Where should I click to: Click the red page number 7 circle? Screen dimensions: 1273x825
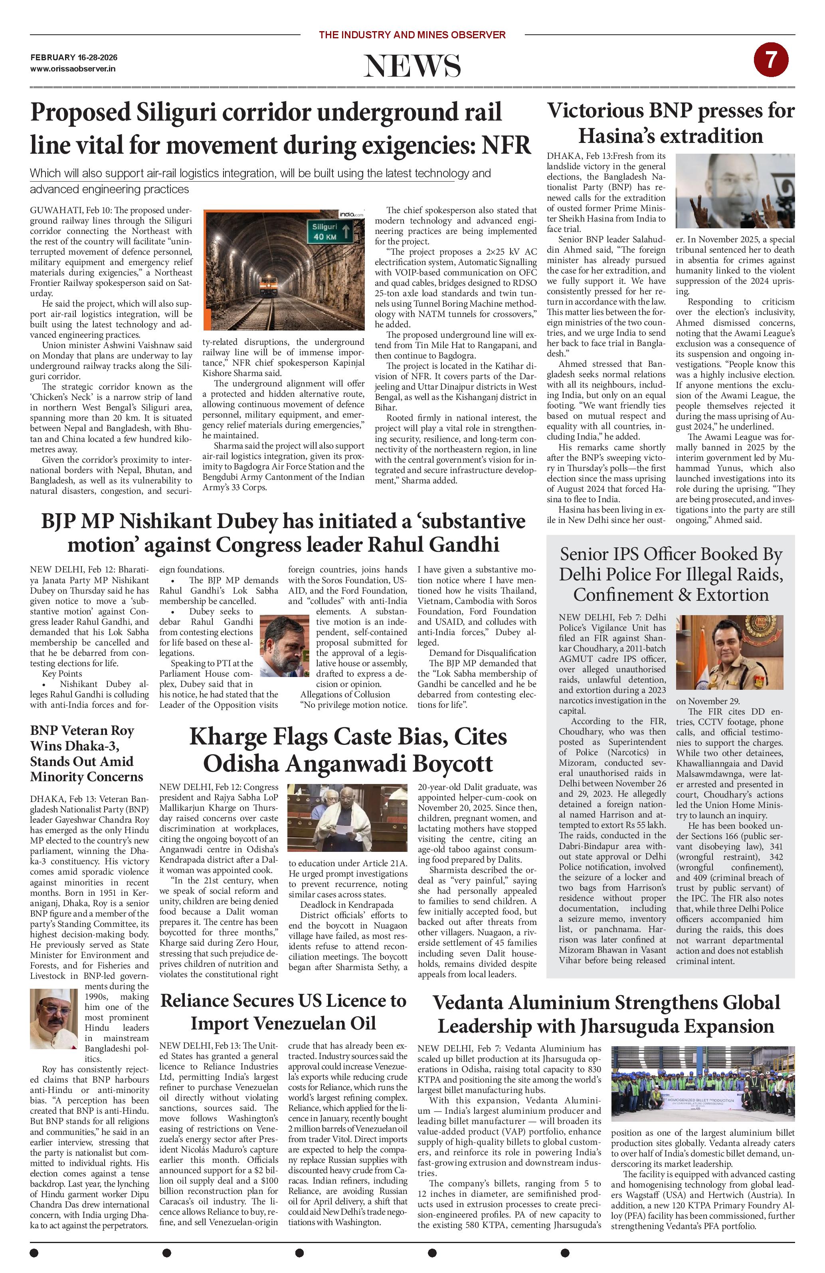point(770,60)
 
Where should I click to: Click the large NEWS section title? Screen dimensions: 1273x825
point(412,66)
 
